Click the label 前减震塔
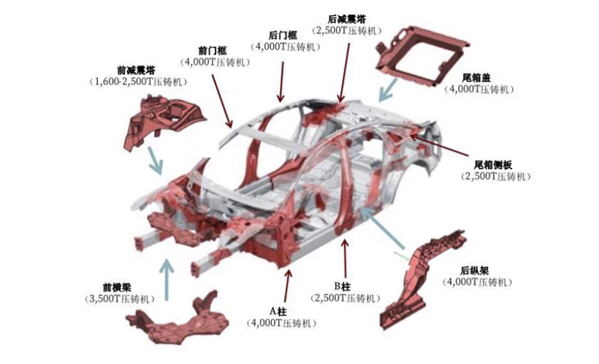[x=136, y=70]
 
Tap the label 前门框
[x=213, y=51]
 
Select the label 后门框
[x=283, y=36]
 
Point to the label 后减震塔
[x=347, y=19]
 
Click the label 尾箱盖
[x=476, y=78]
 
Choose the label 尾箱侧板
[x=493, y=165]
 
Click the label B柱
[x=343, y=286]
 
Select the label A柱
[x=278, y=311]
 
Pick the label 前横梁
[x=117, y=287]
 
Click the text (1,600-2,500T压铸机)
[x=138, y=82]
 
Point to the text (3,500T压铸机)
[x=120, y=299]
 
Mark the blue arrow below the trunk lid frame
[x=387, y=90]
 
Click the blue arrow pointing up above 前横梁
[x=167, y=279]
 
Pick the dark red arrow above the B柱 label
[x=346, y=258]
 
